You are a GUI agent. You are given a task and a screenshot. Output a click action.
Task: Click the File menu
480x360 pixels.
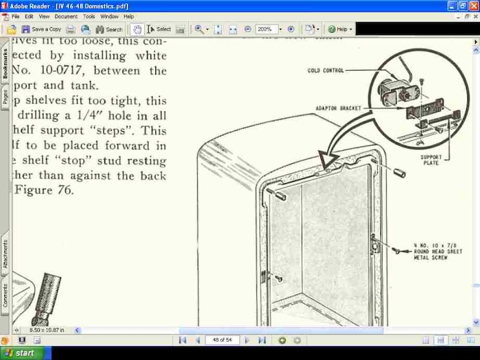pyautogui.click(x=15, y=16)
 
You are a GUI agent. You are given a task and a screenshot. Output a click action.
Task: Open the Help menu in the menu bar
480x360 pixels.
pyautogui.click(x=129, y=16)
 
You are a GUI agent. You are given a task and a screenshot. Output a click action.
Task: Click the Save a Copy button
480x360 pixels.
pyautogui.click(x=42, y=29)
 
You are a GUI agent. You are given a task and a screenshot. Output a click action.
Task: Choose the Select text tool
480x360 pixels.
pyautogui.click(x=159, y=29)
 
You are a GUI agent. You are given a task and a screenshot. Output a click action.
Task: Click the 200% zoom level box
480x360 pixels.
pyautogui.click(x=266, y=29)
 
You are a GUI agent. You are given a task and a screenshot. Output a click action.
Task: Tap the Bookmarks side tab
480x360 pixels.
pyautogui.click(x=5, y=64)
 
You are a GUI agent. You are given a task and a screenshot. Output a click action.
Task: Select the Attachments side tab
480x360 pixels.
pyautogui.click(x=5, y=254)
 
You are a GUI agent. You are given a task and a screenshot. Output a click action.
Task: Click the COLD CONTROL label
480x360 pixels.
pyautogui.click(x=325, y=71)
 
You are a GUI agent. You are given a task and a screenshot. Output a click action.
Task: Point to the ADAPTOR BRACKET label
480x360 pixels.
pyautogui.click(x=338, y=108)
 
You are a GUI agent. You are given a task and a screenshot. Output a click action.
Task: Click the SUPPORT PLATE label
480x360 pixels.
pyautogui.click(x=432, y=160)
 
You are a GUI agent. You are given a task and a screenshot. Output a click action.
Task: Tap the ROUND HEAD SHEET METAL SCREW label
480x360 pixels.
pyautogui.click(x=438, y=252)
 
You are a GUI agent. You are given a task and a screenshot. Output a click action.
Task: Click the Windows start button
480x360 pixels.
pyautogui.click(x=20, y=353)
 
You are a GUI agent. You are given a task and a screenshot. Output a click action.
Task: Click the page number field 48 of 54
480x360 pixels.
pyautogui.click(x=222, y=340)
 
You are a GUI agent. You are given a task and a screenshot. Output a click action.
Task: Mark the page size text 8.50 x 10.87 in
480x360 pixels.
pyautogui.click(x=47, y=330)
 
